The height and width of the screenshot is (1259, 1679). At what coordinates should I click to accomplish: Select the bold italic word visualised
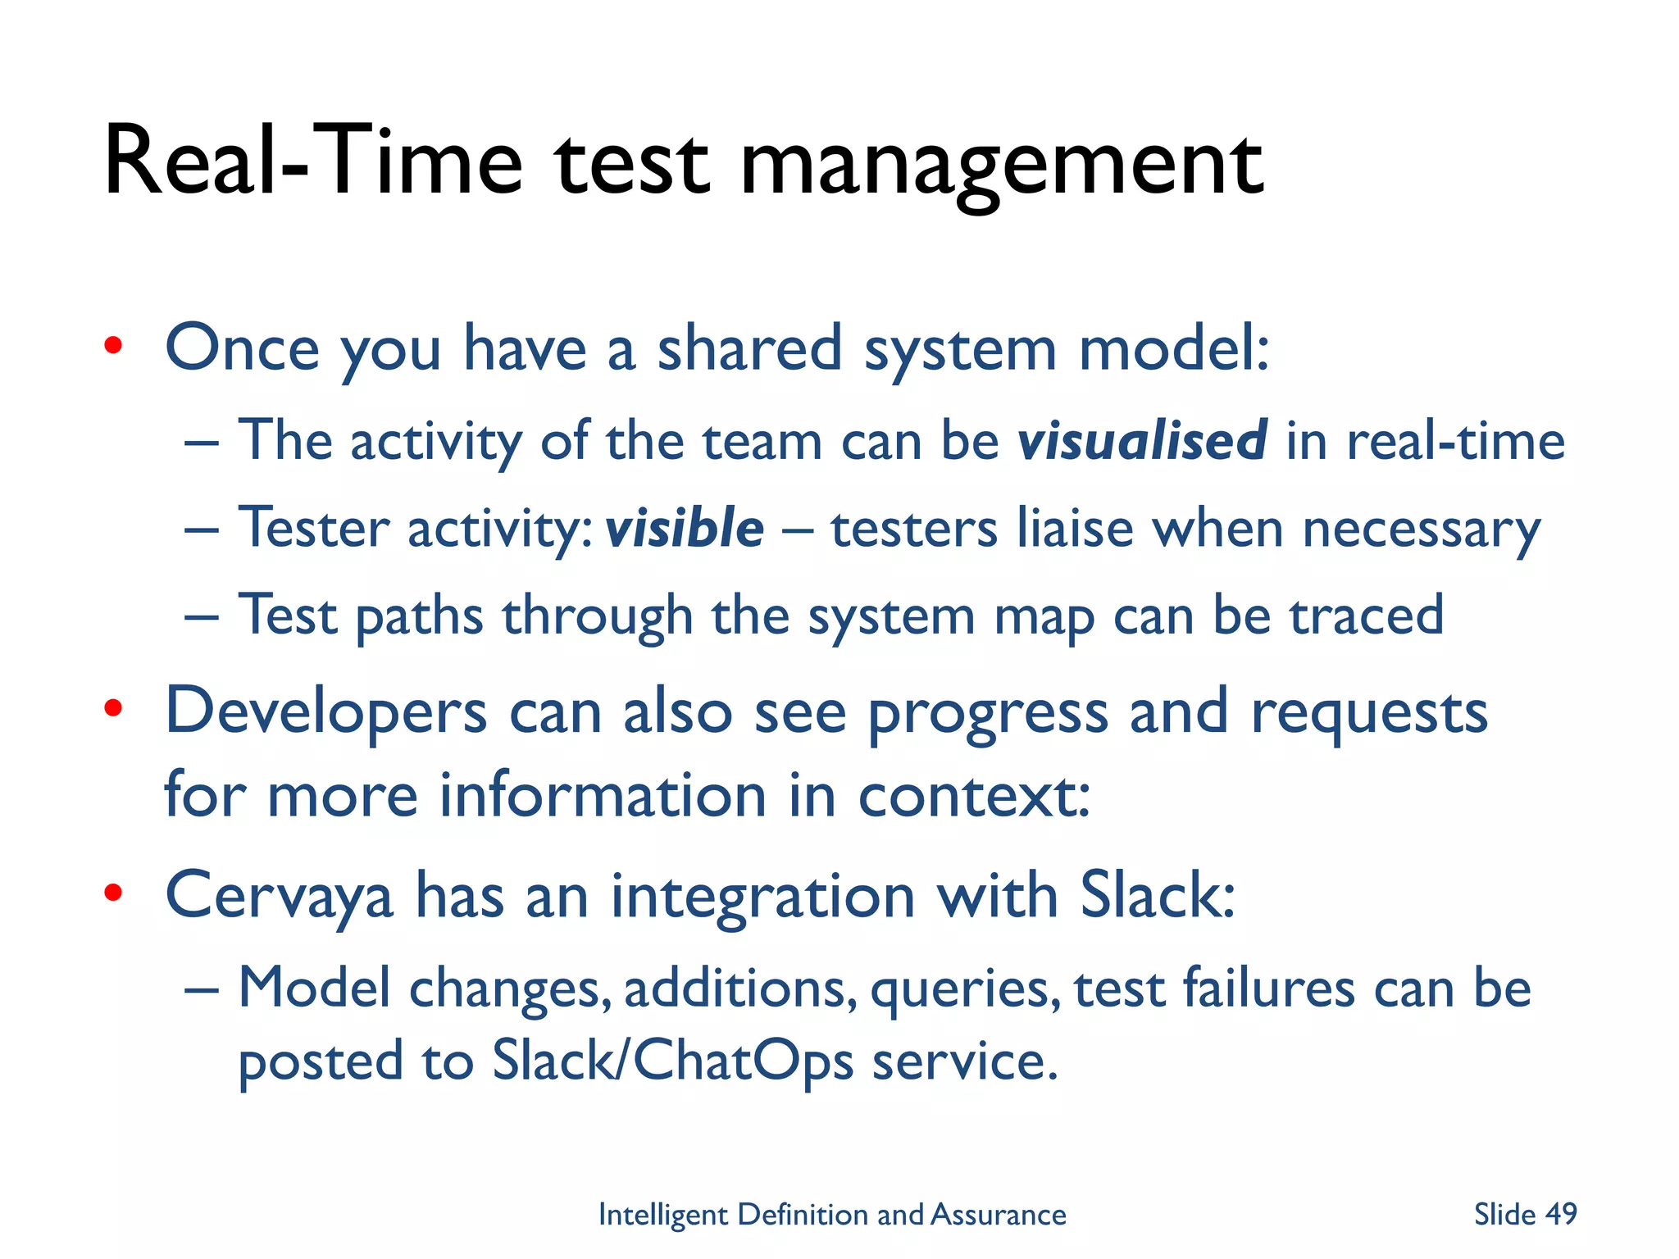coord(1142,441)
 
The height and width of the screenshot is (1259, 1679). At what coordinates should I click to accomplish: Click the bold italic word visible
coord(685,528)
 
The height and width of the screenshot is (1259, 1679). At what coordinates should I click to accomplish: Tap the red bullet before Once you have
coord(113,346)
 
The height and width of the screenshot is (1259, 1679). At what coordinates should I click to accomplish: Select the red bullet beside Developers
coord(113,708)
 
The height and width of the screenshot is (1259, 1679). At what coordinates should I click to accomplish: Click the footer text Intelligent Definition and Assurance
coord(832,1214)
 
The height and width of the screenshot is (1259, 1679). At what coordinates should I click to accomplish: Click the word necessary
coord(1422,530)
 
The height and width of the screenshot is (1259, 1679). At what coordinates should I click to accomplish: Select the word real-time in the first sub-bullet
coord(1456,441)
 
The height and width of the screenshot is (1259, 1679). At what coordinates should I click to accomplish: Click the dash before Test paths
coord(202,616)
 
